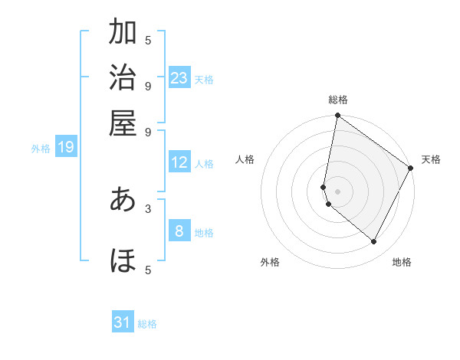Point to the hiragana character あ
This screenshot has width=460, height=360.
(x=123, y=199)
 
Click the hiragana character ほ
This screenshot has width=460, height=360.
(x=123, y=261)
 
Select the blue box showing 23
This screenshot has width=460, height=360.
(x=179, y=78)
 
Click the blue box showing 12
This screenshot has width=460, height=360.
(x=179, y=162)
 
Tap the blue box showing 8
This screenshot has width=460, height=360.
(x=179, y=231)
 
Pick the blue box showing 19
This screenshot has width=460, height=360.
(x=66, y=147)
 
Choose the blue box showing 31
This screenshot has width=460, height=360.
(x=123, y=322)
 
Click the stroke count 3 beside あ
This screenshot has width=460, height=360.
(x=148, y=208)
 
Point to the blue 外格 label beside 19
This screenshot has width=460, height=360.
(x=41, y=149)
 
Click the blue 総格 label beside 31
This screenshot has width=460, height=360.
(x=147, y=324)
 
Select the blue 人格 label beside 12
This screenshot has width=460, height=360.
(x=204, y=164)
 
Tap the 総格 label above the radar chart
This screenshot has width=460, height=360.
(x=338, y=100)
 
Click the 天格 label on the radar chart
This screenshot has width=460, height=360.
(x=431, y=159)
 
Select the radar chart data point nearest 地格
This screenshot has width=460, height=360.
(x=374, y=242)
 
